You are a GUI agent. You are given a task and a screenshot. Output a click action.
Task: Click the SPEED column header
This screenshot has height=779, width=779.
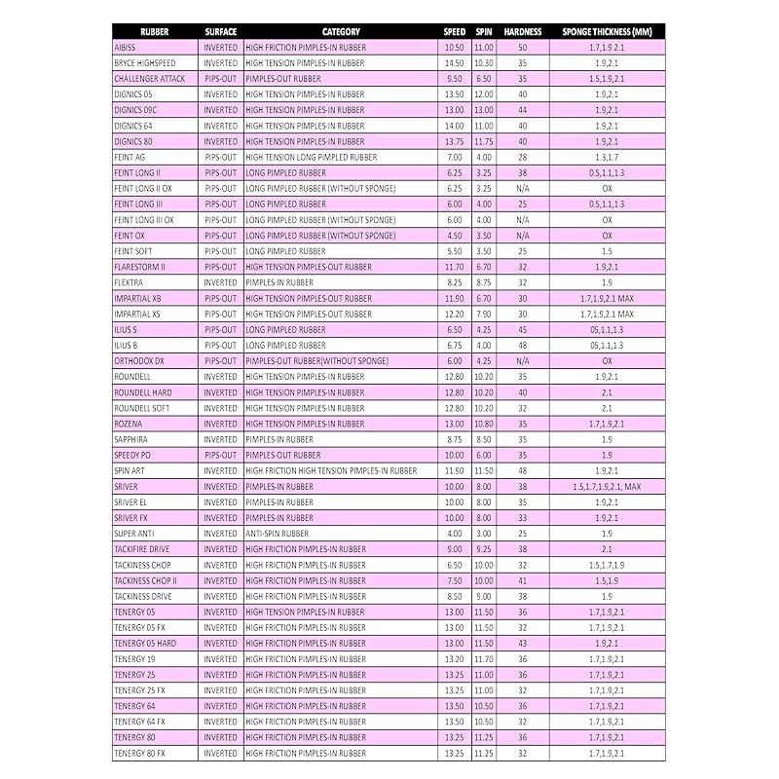coord(454,31)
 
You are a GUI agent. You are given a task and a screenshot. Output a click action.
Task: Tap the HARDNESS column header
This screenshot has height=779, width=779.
coord(523,31)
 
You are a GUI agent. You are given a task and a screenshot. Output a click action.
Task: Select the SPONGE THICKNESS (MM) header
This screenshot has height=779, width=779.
coord(607,31)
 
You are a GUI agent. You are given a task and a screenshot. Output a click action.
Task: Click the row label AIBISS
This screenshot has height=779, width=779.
coord(127,47)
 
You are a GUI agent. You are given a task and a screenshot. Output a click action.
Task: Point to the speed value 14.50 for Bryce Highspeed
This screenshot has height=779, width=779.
coord(454,62)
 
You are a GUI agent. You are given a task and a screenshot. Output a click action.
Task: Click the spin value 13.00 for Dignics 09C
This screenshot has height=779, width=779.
coord(484,110)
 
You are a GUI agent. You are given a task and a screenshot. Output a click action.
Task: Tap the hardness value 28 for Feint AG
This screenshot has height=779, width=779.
coord(523,157)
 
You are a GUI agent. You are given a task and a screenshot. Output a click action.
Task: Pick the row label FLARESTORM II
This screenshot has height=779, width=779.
coord(139,267)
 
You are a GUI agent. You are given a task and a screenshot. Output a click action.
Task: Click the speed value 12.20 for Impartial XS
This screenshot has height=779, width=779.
coord(454,314)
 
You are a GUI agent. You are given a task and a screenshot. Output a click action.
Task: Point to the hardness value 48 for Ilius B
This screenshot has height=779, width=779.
coord(523,345)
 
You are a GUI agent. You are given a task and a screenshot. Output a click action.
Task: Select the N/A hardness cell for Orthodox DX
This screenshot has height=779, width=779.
coord(523,360)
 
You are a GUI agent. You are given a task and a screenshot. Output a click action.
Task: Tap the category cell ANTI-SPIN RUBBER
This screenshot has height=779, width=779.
coord(278,534)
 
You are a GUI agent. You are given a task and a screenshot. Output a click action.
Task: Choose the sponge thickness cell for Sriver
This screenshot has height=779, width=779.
coord(607,486)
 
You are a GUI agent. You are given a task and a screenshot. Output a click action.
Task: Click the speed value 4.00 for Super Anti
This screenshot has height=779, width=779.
coord(454,534)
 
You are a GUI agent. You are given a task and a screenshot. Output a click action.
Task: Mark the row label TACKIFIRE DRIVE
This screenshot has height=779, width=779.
coord(141,549)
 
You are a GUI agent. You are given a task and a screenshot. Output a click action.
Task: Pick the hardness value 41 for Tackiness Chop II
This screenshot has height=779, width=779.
coord(523,580)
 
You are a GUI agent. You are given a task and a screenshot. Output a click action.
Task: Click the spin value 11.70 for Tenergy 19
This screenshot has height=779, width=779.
coord(484,659)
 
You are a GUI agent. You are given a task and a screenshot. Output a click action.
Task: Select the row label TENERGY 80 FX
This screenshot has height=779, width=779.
coord(139,753)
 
